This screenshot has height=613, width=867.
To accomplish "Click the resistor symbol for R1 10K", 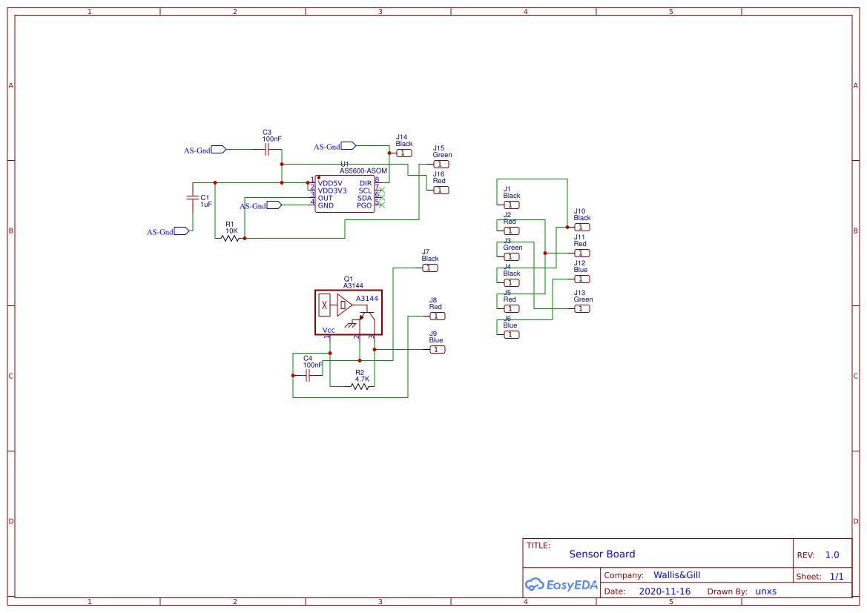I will coord(231,238).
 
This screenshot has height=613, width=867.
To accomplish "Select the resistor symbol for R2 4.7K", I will coord(360,386).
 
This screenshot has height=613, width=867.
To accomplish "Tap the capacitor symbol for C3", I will coord(266,149).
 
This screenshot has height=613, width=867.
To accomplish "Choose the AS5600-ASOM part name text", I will coord(363,170).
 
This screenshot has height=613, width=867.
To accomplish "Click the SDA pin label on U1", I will coord(364,198).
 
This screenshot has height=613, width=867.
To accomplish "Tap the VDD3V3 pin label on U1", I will coord(332,190).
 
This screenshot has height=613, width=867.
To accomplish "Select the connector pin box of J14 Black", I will coord(403,153).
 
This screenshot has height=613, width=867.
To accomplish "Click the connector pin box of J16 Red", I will coord(441,190).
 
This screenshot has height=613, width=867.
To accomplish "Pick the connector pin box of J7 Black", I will coord(429,268).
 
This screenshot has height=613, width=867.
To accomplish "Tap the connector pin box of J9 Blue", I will coord(437,349).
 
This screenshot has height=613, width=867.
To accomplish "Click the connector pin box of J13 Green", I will coord(582,308).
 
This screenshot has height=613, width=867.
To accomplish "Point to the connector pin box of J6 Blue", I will coord(511,334).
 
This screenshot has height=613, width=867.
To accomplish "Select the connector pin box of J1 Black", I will coord(511,205).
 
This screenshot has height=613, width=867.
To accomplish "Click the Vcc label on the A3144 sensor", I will coord(329,330).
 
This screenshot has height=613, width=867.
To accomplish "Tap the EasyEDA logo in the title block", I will coord(561,584).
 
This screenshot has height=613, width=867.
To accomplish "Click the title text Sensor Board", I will coord(601,554).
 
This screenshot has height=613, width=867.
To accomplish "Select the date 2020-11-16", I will coord(664,592).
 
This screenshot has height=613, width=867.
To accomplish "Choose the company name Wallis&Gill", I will coord(676,574).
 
